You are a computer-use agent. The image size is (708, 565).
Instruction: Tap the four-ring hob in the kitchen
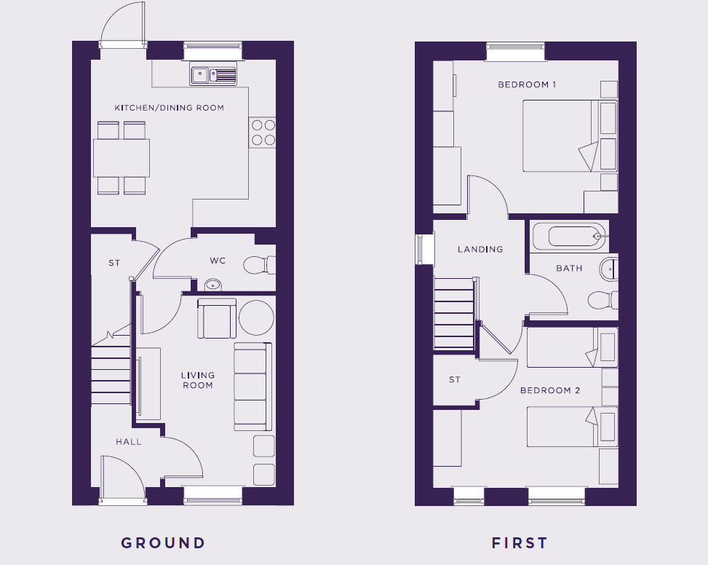click(x=263, y=133)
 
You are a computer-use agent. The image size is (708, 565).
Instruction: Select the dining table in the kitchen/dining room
click(x=122, y=157)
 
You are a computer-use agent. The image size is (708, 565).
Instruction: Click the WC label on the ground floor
click(x=218, y=261)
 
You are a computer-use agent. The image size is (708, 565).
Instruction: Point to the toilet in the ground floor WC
click(x=260, y=265)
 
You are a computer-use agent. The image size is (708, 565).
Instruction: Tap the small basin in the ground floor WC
click(x=213, y=285)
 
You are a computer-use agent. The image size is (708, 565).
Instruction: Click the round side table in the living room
click(x=256, y=318)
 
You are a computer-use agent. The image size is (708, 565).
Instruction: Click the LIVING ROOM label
click(x=198, y=380)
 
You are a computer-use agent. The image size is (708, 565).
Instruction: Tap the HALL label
click(x=129, y=442)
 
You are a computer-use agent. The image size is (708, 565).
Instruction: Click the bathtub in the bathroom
click(x=569, y=236)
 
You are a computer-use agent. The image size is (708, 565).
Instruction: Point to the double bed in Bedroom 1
click(x=570, y=136)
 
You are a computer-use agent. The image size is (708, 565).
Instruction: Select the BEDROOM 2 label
click(x=550, y=390)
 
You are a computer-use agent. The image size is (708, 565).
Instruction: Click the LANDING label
click(x=480, y=249)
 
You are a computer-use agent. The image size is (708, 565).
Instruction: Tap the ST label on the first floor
click(x=455, y=380)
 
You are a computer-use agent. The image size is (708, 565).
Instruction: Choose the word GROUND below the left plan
click(x=163, y=542)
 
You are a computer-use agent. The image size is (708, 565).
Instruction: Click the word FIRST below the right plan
click(x=520, y=542)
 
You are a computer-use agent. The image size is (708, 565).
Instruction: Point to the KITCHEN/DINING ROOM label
click(x=170, y=108)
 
